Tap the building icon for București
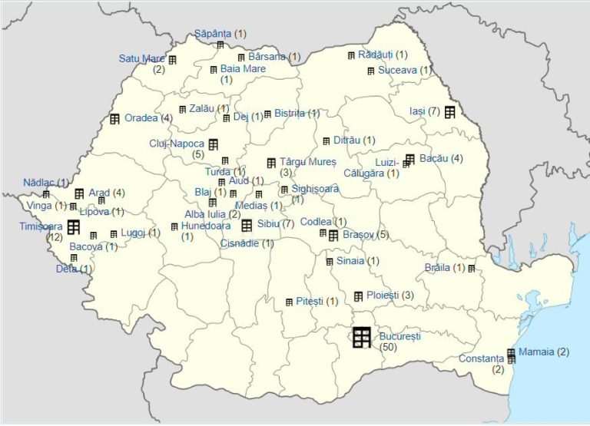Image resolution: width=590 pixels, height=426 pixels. (x=362, y=337)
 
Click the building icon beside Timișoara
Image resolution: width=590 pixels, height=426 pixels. (x=74, y=226)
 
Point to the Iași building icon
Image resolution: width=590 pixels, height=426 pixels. (x=449, y=111)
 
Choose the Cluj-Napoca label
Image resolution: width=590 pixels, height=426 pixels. (x=177, y=143)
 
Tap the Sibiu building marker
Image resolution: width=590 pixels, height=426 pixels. (x=247, y=225)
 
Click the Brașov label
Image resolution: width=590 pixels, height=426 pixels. (x=360, y=234)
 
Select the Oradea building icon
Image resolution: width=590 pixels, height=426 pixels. (x=114, y=118)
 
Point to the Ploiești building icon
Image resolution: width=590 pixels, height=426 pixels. (x=359, y=296)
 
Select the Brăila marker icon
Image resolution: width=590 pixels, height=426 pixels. (x=472, y=268)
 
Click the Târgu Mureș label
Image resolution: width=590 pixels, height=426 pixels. (x=303, y=161)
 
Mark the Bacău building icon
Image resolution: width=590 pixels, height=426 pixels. (x=409, y=159)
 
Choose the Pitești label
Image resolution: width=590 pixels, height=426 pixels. (x=310, y=301)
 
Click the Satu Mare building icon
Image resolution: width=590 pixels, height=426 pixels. (x=172, y=59)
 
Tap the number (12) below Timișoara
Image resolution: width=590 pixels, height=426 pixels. (x=54, y=237)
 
